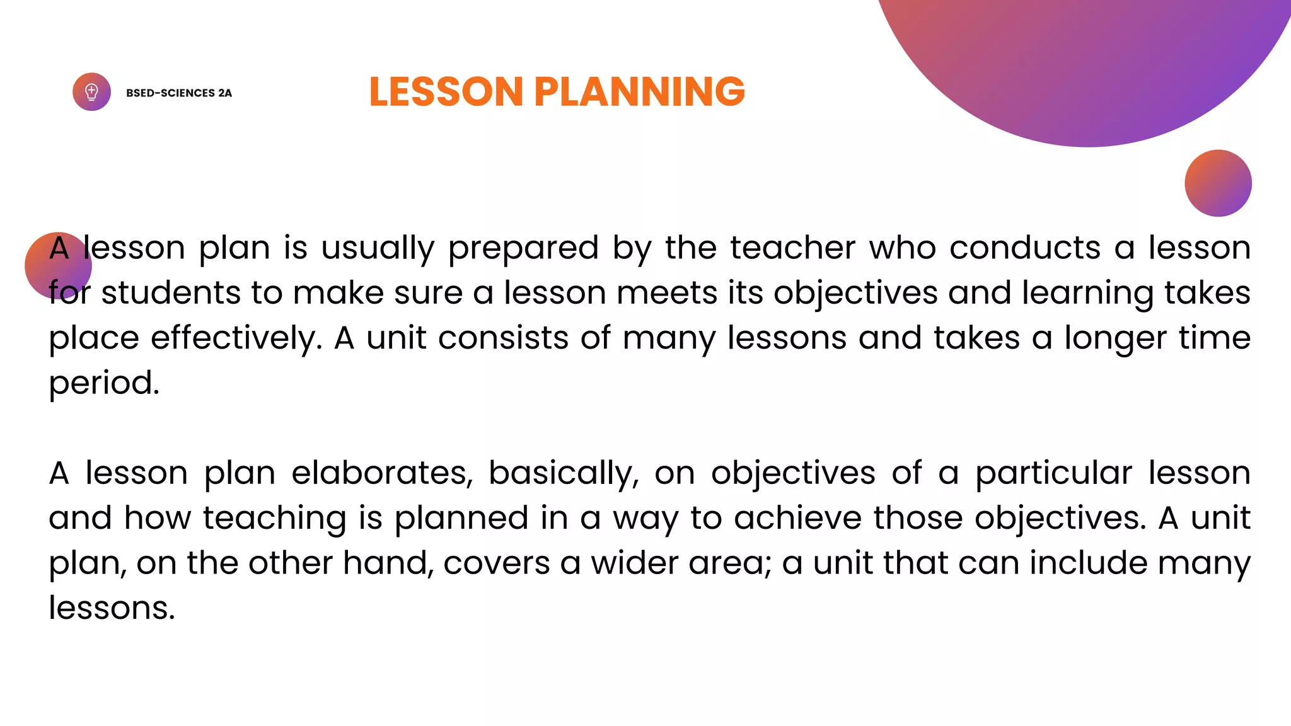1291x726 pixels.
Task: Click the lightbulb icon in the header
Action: point(91,92)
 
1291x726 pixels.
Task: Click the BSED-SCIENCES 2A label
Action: point(179,93)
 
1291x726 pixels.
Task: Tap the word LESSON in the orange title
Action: point(446,92)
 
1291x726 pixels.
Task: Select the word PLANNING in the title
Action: point(639,92)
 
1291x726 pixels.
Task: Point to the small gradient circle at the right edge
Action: point(1218,183)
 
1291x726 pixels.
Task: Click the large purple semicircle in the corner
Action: point(1084,63)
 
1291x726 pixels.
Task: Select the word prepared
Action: point(523,248)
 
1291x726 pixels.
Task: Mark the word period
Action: point(104,384)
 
